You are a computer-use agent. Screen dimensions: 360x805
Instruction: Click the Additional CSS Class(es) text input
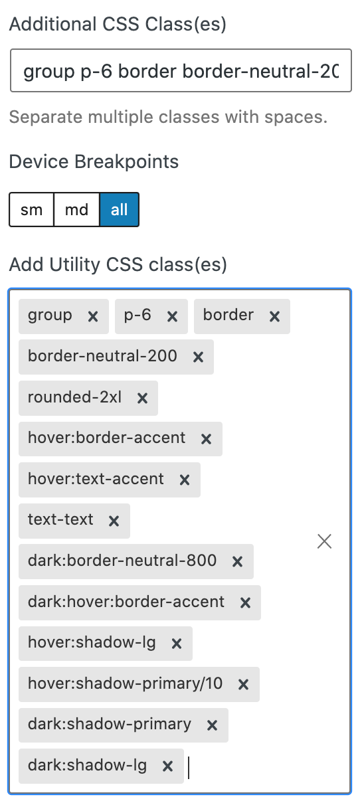[x=181, y=71]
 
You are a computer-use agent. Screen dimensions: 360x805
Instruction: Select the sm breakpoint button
[x=32, y=210]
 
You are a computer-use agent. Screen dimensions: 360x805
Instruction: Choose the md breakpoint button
[x=76, y=210]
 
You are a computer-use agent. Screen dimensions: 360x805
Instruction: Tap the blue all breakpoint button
[x=120, y=210]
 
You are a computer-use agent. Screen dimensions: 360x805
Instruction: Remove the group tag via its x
[x=93, y=317]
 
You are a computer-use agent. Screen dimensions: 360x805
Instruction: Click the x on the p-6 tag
[x=173, y=317]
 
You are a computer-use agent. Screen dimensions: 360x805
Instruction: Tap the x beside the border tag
[x=275, y=317]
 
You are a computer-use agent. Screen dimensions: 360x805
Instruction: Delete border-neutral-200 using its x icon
[x=199, y=357]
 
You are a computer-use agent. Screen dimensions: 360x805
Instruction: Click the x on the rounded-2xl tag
[x=143, y=399]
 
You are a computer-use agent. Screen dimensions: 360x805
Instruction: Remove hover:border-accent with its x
[x=206, y=439]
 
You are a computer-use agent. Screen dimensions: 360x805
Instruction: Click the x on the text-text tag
[x=114, y=521]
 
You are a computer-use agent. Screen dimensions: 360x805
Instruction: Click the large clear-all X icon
[x=324, y=541]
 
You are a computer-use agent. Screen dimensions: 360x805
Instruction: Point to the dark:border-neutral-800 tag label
[x=122, y=561]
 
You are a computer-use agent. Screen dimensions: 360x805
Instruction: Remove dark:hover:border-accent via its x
[x=245, y=602]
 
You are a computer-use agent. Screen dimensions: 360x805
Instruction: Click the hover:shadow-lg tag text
[x=92, y=642]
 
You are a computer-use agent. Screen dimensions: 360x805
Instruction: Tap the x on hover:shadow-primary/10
[x=244, y=685]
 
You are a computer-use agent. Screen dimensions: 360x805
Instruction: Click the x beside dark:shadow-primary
[x=213, y=725]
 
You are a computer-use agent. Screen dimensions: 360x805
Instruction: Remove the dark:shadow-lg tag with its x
[x=168, y=766]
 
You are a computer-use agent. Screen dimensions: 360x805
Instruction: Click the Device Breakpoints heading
[x=94, y=161]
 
